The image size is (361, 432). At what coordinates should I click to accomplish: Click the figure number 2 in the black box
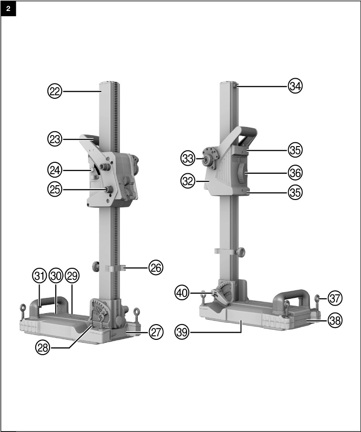pyautogui.click(x=9, y=9)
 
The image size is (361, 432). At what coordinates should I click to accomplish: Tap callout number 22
pyautogui.click(x=55, y=91)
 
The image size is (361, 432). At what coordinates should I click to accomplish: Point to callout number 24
pyautogui.click(x=55, y=169)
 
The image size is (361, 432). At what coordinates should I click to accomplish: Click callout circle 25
pyautogui.click(x=55, y=189)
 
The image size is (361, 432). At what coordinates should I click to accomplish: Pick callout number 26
pyautogui.click(x=155, y=268)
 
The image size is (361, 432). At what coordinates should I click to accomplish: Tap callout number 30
pyautogui.click(x=56, y=276)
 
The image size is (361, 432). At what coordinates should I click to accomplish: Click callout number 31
pyautogui.click(x=40, y=276)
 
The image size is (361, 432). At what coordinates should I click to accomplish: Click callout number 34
pyautogui.click(x=295, y=86)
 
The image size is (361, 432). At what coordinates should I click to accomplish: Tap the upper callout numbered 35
pyautogui.click(x=295, y=149)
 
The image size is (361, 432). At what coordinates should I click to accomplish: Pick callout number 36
pyautogui.click(x=295, y=171)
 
